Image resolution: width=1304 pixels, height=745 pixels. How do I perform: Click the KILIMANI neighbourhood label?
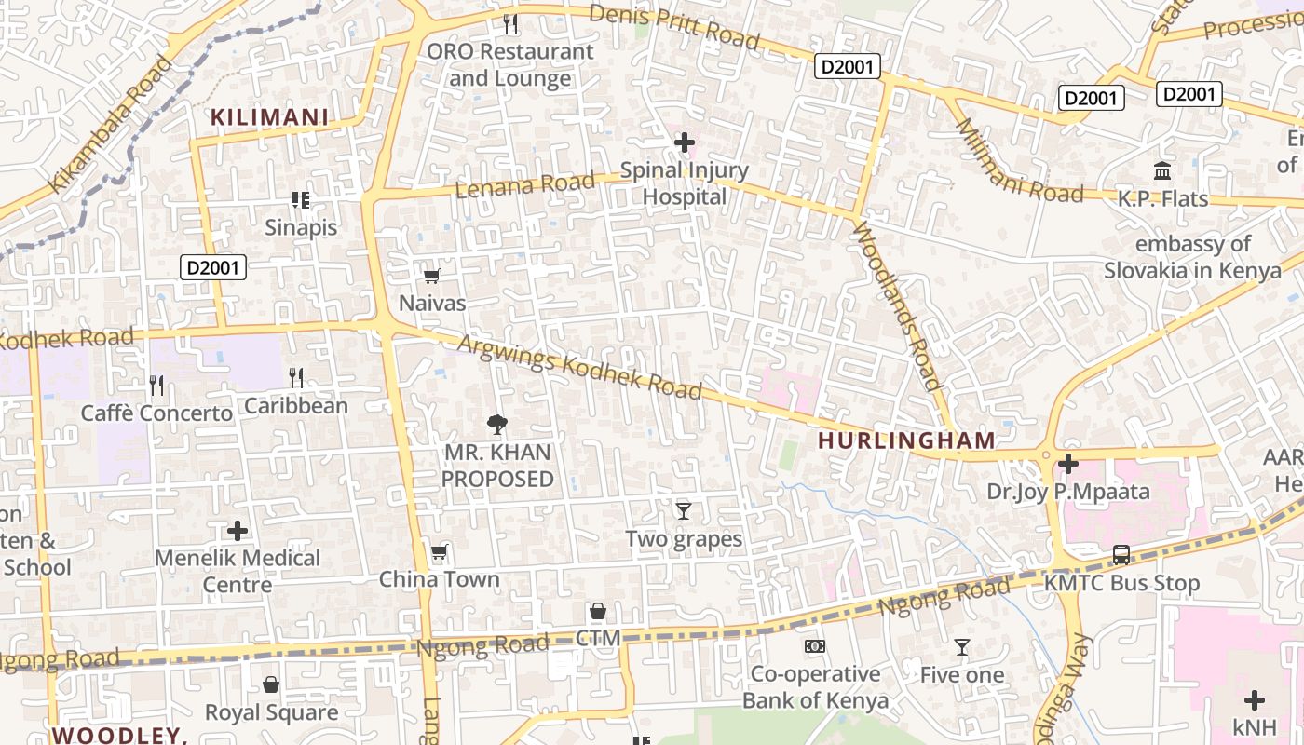tap(269, 117)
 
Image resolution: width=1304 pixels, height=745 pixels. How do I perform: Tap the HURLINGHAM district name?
tap(906, 440)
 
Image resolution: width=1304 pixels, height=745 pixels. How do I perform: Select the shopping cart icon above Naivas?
tap(431, 277)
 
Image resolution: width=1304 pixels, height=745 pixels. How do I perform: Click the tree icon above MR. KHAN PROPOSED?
tap(497, 425)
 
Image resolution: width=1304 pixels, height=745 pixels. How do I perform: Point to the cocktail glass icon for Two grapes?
tap(684, 510)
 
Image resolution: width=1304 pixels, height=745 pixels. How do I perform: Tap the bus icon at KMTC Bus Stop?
tap(1121, 555)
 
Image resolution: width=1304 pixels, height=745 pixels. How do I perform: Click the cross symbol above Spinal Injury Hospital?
tap(685, 142)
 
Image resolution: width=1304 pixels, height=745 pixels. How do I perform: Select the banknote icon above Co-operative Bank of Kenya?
tap(815, 646)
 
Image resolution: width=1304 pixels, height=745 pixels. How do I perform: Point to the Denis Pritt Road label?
tap(675, 26)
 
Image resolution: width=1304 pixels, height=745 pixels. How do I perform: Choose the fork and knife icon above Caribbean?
tap(296, 377)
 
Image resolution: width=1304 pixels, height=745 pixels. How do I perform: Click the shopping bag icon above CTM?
tap(598, 612)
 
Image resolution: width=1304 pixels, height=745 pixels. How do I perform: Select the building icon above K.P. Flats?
tap(1162, 171)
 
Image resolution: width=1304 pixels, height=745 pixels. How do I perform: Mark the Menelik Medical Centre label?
tap(238, 571)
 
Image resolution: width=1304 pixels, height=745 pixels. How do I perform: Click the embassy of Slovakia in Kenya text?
tap(1192, 257)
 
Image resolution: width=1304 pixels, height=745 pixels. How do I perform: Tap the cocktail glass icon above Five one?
tap(962, 647)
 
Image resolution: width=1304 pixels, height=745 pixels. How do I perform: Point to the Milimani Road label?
tap(1018, 162)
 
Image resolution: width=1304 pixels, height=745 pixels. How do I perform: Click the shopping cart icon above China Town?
tap(439, 552)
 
